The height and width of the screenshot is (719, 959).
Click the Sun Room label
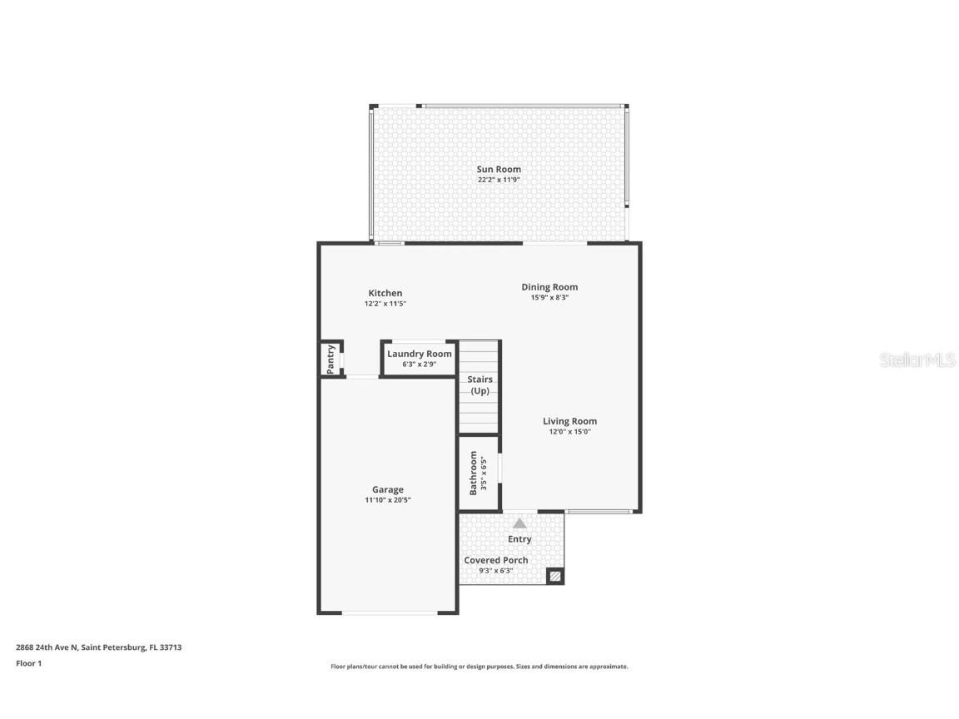499,169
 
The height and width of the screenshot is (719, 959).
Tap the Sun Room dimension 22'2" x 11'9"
499,180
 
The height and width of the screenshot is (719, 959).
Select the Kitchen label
385,293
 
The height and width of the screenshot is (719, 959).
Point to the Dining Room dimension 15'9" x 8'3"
549,298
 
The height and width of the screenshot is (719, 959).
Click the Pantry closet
331,359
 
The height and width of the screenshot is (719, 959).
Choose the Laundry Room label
420,354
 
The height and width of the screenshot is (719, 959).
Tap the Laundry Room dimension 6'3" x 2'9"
420,364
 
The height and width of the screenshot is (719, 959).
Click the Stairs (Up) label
479,384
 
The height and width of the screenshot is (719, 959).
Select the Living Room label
569,421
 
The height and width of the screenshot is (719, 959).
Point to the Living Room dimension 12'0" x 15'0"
569,432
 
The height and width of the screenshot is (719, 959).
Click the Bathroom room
479,473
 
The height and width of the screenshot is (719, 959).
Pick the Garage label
388,489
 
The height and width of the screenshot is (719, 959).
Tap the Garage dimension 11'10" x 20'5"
388,500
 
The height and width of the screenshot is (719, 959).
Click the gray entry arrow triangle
519,523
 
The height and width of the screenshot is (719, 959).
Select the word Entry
519,539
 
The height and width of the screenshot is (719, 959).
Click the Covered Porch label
496,560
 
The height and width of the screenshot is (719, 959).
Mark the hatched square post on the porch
554,576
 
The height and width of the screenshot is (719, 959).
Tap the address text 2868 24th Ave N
47,647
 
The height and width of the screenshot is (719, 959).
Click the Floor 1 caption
28,663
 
